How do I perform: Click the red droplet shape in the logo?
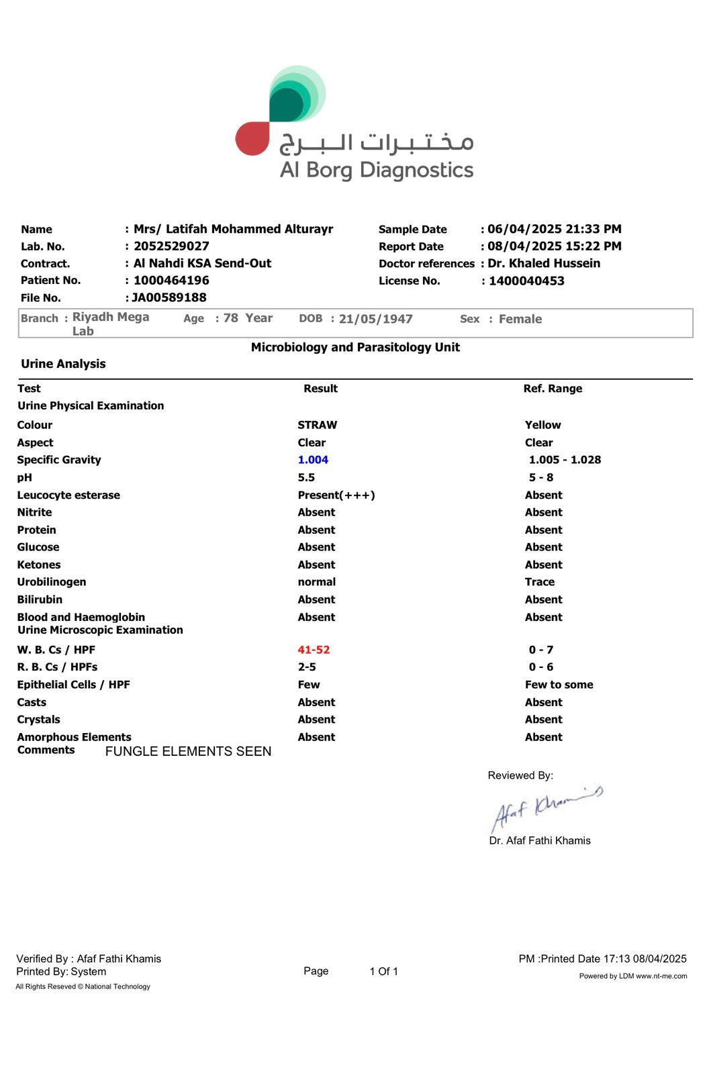252,139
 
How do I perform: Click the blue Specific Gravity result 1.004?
313,460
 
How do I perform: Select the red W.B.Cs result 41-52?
314,650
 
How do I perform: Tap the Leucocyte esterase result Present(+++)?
336,495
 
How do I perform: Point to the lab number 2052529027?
171,246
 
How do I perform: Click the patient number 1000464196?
171,281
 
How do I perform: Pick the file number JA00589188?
169,297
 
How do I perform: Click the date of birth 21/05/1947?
375,319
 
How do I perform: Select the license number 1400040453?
526,281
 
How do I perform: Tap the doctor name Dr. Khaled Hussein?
544,263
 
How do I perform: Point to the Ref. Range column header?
553,389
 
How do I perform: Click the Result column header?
320,389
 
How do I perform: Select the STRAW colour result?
317,425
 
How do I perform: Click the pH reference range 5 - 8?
541,477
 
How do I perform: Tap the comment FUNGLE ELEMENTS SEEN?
188,751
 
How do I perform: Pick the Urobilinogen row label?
52,582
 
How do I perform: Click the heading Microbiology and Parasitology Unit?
355,347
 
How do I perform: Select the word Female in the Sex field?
520,319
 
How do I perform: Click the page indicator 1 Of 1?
383,971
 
